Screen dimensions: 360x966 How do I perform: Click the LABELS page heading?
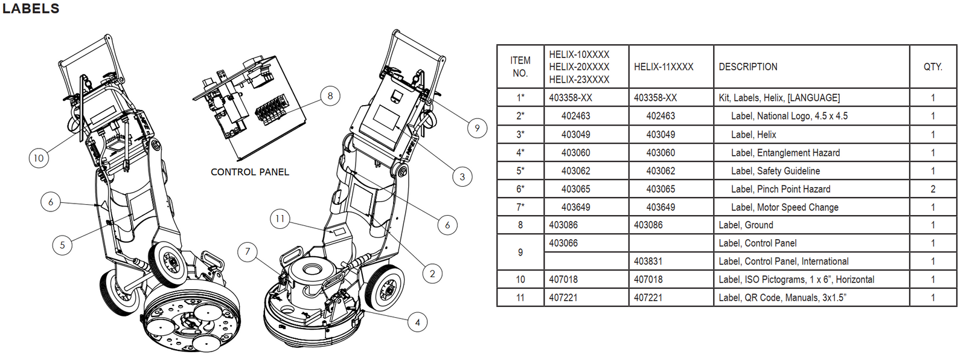(31, 8)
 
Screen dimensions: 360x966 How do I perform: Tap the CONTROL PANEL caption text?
(249, 172)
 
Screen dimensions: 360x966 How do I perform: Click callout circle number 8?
(330, 95)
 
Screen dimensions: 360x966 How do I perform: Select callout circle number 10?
(39, 158)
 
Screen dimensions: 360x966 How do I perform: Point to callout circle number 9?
(477, 128)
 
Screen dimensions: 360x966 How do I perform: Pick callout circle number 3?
(462, 177)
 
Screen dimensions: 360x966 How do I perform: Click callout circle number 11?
(280, 219)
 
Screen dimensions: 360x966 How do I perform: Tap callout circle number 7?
(248, 251)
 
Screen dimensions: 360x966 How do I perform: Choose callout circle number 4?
(417, 322)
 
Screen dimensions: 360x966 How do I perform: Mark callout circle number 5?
(62, 245)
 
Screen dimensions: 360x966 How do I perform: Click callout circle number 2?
(432, 274)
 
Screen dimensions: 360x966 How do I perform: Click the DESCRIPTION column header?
(748, 67)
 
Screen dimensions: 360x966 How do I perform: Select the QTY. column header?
(933, 67)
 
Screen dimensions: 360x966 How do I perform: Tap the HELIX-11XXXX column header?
(664, 67)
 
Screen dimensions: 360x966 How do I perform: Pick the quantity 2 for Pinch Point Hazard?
(933, 189)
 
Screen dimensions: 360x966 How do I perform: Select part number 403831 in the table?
(648, 262)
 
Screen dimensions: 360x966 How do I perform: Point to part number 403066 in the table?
(563, 243)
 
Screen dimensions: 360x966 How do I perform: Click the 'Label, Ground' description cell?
(746, 225)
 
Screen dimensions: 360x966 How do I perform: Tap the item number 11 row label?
(520, 298)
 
